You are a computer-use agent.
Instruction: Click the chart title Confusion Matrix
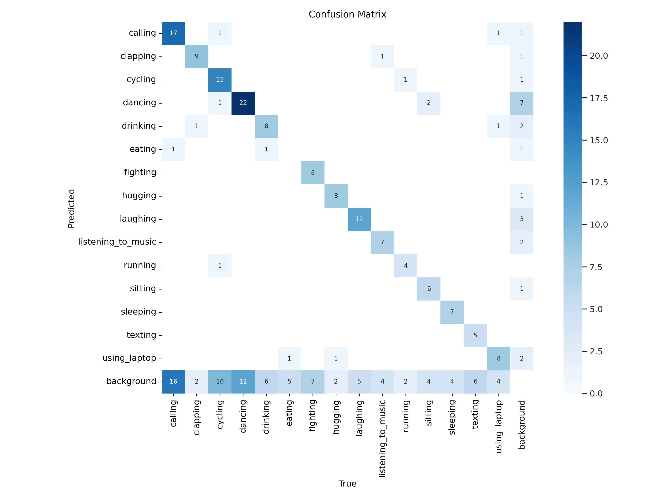coord(347,14)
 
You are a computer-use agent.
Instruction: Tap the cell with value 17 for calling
coord(173,33)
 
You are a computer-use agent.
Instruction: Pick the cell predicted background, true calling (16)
coord(173,382)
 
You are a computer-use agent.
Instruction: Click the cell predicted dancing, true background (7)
coord(521,103)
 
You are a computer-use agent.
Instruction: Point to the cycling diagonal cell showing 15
coord(220,79)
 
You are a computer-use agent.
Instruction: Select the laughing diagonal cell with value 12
coord(359,219)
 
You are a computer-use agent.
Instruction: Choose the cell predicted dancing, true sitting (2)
coord(429,103)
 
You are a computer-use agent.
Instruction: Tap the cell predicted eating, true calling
coord(173,149)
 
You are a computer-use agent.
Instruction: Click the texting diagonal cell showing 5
coord(475,335)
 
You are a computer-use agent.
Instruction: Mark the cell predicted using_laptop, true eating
coord(289,358)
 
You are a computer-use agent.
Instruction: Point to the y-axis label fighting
coord(140,172)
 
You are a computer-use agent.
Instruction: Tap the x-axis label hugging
coord(336,417)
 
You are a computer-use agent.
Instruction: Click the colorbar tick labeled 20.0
coord(598,56)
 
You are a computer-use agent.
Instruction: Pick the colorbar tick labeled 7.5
coord(596,267)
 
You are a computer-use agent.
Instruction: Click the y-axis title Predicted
coord(71,208)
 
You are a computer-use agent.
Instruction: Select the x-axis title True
coord(347,484)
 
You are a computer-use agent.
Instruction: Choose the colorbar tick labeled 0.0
coord(596,394)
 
